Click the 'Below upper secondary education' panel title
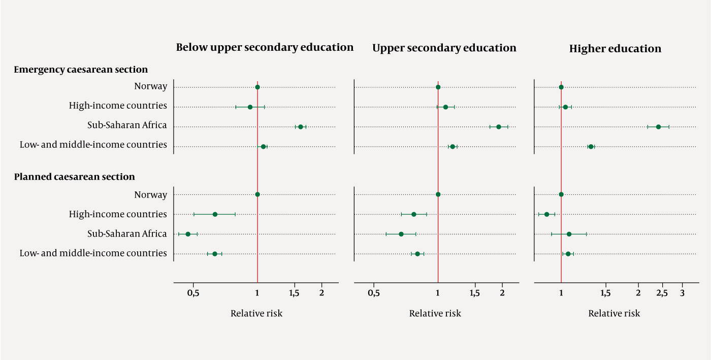265,48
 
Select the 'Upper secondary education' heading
444,48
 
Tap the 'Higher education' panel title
615,49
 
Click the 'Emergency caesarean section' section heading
81,70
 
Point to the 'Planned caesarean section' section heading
75,177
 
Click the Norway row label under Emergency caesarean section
150,86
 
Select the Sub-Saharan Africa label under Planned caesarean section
127,234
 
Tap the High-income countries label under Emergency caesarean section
118,106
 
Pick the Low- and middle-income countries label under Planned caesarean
93,253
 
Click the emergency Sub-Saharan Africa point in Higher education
658,127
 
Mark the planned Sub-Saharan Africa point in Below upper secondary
188,234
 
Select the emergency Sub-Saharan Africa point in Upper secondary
499,127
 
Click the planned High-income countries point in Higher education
546,214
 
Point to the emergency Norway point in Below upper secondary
257,87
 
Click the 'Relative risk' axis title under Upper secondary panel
435,314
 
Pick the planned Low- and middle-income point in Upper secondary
417,254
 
